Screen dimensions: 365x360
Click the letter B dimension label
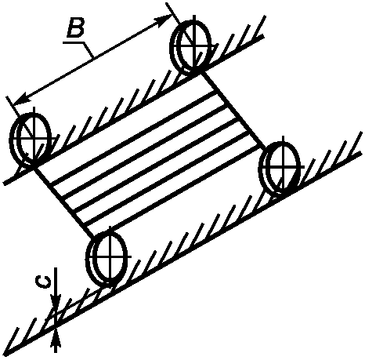tap(75, 28)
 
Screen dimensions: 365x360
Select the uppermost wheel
tap(190, 47)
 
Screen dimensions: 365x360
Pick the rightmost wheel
tap(280, 168)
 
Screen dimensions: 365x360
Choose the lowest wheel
tap(107, 257)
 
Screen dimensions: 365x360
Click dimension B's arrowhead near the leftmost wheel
tap(21, 99)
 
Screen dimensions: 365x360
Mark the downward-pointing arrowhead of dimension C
tap(56, 300)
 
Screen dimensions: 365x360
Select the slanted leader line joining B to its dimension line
tap(89, 49)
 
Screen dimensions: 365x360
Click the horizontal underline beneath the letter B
tap(74, 42)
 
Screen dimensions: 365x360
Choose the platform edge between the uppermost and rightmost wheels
tap(233, 110)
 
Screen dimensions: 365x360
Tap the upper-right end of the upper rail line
tap(263, 35)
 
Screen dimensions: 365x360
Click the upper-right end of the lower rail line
tap(360, 153)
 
